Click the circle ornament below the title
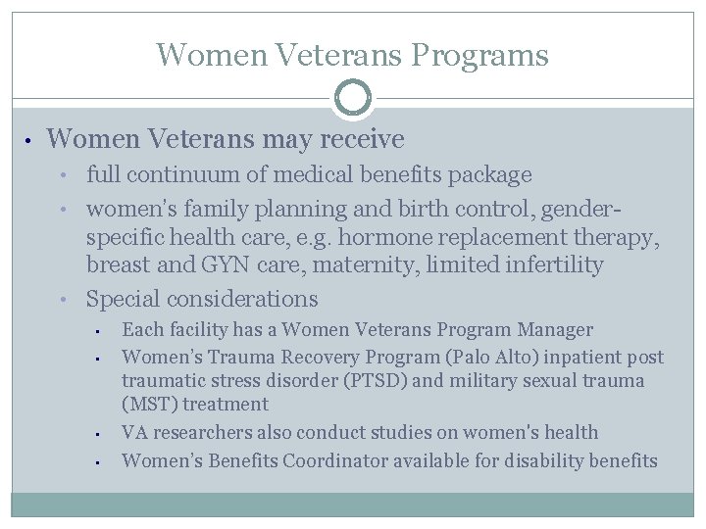(x=353, y=98)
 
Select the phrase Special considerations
(x=202, y=299)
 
